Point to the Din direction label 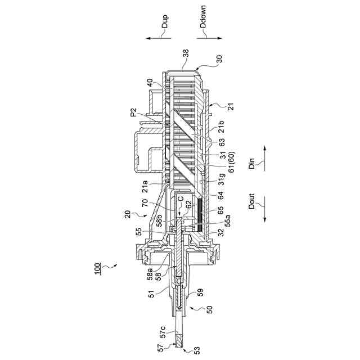253,164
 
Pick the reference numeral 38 186,55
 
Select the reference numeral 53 196,351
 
